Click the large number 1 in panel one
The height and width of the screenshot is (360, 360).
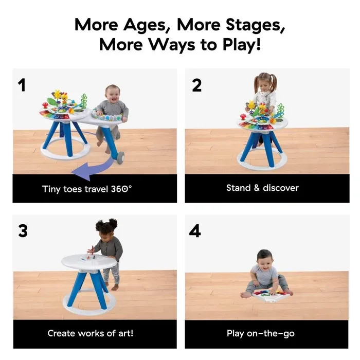point(22,85)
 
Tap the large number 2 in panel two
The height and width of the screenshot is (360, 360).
point(197,85)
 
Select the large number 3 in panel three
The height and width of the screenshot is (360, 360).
point(23,231)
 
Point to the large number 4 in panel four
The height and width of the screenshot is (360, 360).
point(195,231)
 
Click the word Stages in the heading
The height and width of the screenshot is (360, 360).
point(255,25)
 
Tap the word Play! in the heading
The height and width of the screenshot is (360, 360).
point(242,44)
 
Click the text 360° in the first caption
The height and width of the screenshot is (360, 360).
point(121,189)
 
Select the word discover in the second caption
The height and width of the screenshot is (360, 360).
point(281,188)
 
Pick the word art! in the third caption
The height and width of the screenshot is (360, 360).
point(125,333)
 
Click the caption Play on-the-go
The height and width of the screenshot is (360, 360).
point(261,333)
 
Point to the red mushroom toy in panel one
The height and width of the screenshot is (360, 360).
point(45,105)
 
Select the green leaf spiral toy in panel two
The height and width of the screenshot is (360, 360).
point(281,110)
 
